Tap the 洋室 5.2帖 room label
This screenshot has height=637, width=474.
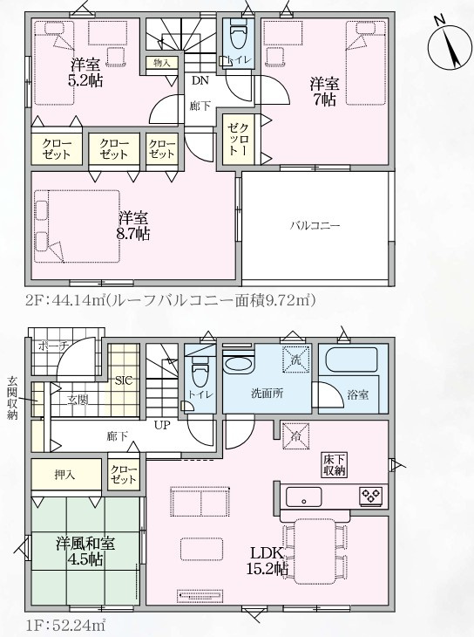[85, 72]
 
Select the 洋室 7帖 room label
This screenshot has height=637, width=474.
[324, 92]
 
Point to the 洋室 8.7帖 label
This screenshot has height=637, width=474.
[133, 226]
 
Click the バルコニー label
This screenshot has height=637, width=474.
[315, 225]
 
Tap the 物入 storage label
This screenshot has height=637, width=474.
[161, 63]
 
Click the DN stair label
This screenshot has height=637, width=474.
[200, 80]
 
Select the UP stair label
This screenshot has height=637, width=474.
[162, 425]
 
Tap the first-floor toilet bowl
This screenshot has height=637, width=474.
[200, 372]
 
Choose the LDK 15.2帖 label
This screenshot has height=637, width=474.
[267, 560]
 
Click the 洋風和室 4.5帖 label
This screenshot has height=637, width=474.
[85, 551]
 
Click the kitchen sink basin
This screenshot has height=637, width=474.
[303, 497]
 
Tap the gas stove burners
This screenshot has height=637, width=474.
[371, 496]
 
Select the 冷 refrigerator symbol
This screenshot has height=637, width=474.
[296, 436]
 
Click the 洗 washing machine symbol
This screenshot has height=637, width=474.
[296, 359]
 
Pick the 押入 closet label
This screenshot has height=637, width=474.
[65, 474]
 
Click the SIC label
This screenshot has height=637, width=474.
[124, 380]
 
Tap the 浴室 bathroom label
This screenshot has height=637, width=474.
[358, 394]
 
